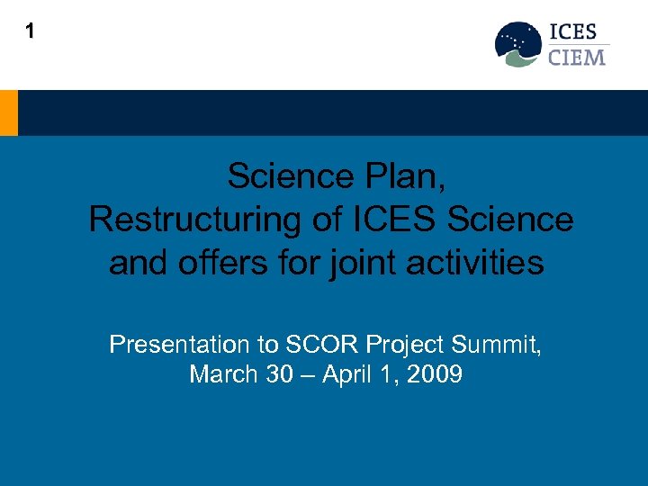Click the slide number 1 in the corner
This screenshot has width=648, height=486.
pos(31,31)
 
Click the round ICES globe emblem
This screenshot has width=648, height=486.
pos(518,44)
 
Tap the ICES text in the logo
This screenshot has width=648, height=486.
pos(577,32)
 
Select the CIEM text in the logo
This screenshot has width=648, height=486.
pos(577,57)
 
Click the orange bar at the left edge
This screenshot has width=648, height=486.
pos(8,112)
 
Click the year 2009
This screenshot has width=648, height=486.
pos(434,374)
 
